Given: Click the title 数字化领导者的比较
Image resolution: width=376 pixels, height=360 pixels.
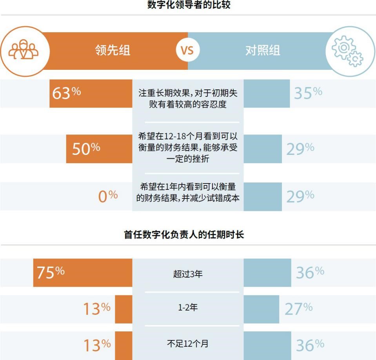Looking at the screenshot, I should (188, 5).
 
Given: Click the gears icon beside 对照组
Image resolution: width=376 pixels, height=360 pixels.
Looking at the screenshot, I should (347, 51).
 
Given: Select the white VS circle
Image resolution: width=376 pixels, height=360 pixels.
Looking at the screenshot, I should (187, 51).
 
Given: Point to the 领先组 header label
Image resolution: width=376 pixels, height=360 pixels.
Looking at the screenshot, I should (113, 51).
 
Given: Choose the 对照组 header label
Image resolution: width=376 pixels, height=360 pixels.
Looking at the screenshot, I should (263, 51).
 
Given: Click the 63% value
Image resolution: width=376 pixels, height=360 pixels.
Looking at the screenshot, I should (66, 93).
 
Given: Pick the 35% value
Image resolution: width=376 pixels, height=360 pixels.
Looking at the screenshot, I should (308, 93).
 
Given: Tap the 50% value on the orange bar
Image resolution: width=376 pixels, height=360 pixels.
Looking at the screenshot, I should (86, 149).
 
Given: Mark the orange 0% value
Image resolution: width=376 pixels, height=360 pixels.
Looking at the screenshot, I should (107, 196).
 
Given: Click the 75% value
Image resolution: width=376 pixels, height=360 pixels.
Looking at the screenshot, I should (51, 273).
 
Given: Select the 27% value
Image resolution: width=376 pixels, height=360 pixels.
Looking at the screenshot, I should (298, 309).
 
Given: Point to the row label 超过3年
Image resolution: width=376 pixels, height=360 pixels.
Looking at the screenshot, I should (188, 274).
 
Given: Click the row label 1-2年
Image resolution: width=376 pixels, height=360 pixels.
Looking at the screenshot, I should (188, 308).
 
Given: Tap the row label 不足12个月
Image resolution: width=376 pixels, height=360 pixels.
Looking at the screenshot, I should (188, 344).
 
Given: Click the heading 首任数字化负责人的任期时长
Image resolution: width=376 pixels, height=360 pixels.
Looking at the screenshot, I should (184, 235).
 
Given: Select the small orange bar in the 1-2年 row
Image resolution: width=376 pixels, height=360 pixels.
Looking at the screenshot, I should (124, 309).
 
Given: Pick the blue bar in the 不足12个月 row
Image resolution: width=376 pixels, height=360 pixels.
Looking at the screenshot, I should (267, 345).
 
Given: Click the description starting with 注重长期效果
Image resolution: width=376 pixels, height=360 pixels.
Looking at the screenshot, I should (188, 98).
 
